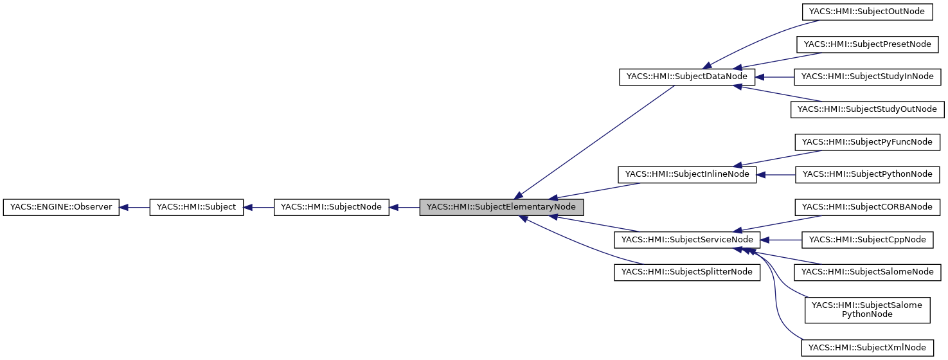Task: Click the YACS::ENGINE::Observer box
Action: point(61,208)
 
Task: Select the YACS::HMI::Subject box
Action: point(196,208)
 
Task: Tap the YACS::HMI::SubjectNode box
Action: point(331,208)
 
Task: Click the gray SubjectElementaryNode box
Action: point(501,208)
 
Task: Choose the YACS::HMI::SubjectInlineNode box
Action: point(686,174)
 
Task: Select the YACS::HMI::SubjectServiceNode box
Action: point(688,240)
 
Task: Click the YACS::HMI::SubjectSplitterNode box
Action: point(687,272)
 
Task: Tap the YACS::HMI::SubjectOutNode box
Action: point(867,11)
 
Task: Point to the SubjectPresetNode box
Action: point(867,44)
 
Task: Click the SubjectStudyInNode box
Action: point(867,76)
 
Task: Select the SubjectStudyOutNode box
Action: point(867,109)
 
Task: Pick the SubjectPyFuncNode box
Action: point(867,142)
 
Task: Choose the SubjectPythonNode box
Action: point(867,174)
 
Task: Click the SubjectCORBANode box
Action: point(867,207)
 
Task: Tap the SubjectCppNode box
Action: point(867,240)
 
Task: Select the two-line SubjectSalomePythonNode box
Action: point(867,309)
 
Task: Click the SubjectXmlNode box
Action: point(867,348)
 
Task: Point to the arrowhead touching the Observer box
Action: point(125,208)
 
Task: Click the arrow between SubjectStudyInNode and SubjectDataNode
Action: point(775,76)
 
